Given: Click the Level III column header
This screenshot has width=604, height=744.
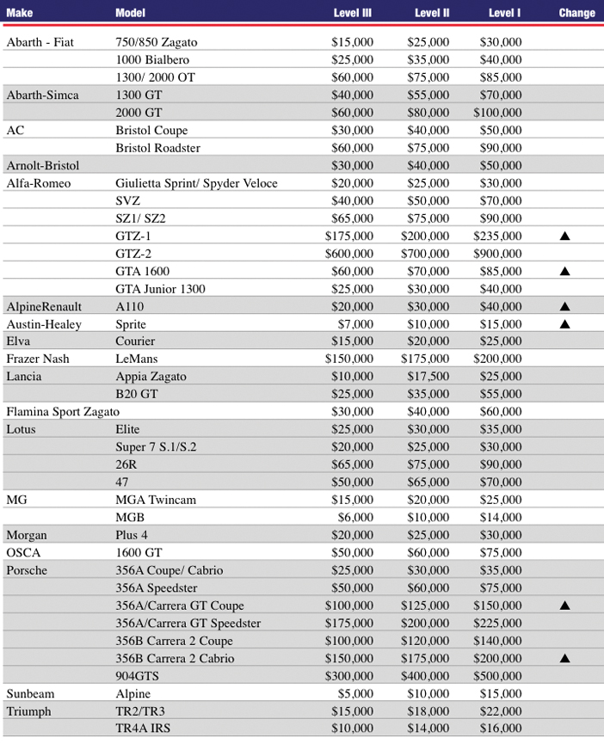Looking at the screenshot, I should [x=354, y=13].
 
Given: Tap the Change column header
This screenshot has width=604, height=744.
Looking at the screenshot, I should [x=576, y=13].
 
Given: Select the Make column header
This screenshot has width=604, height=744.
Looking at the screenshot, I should [x=21, y=13].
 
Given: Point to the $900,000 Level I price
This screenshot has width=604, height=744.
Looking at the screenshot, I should [x=497, y=254].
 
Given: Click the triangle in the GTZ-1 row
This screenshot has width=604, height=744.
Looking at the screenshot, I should [x=565, y=236].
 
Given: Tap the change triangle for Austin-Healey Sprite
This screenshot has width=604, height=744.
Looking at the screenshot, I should [x=565, y=324].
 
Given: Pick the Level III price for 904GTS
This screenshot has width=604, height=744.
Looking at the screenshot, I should [x=349, y=676].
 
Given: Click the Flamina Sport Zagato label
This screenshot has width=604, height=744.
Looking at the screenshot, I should [x=63, y=412].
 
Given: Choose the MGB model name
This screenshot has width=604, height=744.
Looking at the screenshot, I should [x=130, y=518].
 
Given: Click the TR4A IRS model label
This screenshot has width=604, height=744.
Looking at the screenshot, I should [x=142, y=729].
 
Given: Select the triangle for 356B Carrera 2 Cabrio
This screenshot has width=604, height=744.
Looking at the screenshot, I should [x=565, y=659].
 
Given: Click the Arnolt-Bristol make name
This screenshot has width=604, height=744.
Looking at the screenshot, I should [x=43, y=165].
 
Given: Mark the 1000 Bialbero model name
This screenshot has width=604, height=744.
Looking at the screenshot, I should [x=152, y=59].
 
